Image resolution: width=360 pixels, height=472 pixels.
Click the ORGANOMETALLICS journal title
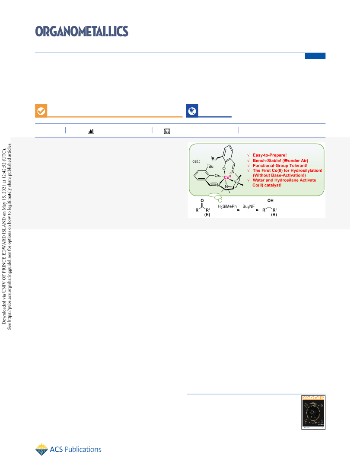pyautogui.click(x=82, y=31)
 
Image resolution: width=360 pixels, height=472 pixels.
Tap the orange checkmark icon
pyautogui.click(x=41, y=111)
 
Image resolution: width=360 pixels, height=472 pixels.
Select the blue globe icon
pyautogui.click(x=192, y=111)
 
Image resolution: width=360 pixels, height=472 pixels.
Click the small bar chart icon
pyautogui.click(x=90, y=131)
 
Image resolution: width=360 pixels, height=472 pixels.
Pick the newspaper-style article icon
pyautogui.click(x=167, y=131)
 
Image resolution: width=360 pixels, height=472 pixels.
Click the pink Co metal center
pyautogui.click(x=227, y=177)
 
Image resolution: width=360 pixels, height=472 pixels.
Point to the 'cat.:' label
pyautogui.click(x=196, y=161)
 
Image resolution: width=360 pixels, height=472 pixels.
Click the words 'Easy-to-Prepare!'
pyautogui.click(x=270, y=155)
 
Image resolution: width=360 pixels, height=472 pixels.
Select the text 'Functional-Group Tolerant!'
pyautogui.click(x=280, y=165)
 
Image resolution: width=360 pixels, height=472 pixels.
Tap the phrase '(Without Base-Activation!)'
pyautogui.click(x=279, y=175)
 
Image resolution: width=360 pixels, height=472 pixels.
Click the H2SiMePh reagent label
pyautogui.click(x=227, y=206)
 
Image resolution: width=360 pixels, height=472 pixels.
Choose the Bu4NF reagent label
pyautogui.click(x=248, y=206)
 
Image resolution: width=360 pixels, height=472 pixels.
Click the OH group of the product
pyautogui.click(x=271, y=200)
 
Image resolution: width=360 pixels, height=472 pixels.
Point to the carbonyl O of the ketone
pyautogui.click(x=202, y=200)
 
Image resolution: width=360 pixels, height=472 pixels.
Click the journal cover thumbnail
pyautogui.click(x=313, y=412)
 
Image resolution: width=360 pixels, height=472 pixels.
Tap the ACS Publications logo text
pyautogui.click(x=76, y=450)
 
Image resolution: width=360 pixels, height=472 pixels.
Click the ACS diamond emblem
pyautogui.click(x=41, y=450)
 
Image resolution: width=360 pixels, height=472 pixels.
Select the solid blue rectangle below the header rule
pyautogui.click(x=315, y=56)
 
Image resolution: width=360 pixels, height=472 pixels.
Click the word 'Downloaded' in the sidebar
pyautogui.click(x=4, y=313)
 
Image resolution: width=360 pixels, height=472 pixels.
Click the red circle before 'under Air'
pyautogui.click(x=286, y=161)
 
